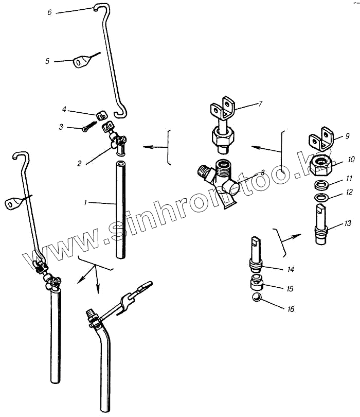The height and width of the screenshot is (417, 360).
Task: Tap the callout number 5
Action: tap(47, 61)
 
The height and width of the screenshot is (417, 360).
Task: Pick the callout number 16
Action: tap(291, 310)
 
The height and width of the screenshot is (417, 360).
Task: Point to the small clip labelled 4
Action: tap(100, 114)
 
